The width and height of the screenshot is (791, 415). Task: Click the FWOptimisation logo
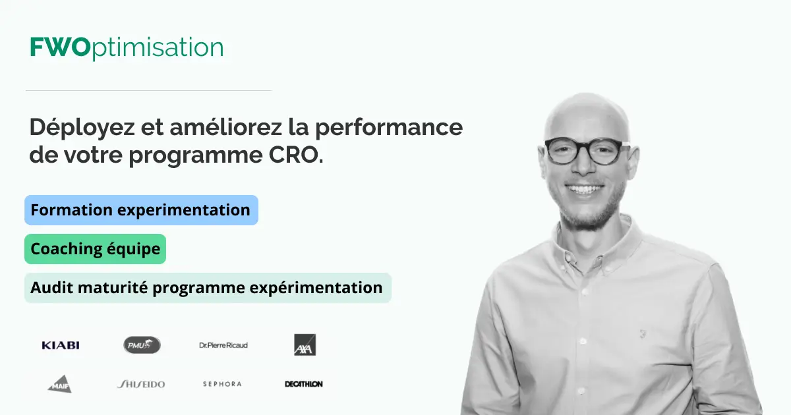pyautogui.click(x=127, y=48)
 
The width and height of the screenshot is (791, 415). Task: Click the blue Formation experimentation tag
pyautogui.click(x=141, y=210)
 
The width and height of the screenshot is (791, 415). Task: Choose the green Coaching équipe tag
pyautogui.click(x=96, y=249)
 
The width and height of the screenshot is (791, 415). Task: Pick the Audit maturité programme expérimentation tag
pyautogui.click(x=208, y=288)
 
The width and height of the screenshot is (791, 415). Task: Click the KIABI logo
pyautogui.click(x=61, y=345)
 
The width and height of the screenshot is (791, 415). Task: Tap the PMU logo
pyautogui.click(x=142, y=345)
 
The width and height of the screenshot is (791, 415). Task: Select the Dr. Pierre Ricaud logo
pyautogui.click(x=223, y=345)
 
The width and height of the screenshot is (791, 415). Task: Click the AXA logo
pyautogui.click(x=305, y=345)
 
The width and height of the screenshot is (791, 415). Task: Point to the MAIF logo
pyautogui.click(x=59, y=384)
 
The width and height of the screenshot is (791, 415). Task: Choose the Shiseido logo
pyautogui.click(x=141, y=384)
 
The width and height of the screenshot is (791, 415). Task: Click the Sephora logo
pyautogui.click(x=222, y=384)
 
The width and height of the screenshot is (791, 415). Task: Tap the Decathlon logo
pyautogui.click(x=304, y=384)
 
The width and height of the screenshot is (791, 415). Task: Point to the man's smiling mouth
pyautogui.click(x=585, y=190)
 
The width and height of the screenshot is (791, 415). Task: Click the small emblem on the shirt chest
pyautogui.click(x=641, y=334)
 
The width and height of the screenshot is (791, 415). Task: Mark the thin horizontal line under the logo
pyautogui.click(x=148, y=90)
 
